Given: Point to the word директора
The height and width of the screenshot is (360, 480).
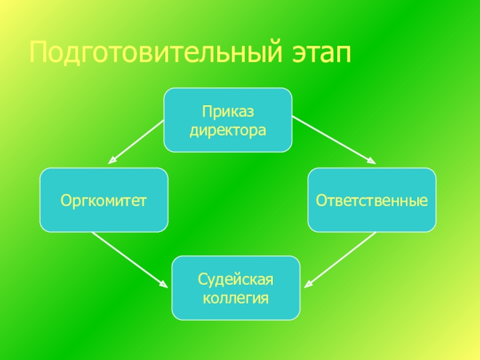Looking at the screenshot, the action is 228,129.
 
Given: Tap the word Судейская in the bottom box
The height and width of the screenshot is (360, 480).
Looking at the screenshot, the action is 236,280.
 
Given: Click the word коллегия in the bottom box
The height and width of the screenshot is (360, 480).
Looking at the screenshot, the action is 236,297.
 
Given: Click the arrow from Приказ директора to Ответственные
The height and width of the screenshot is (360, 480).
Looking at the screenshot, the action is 333,139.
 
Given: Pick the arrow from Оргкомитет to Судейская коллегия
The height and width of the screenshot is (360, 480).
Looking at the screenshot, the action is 129,259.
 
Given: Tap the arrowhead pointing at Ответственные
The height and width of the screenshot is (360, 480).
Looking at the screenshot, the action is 371,160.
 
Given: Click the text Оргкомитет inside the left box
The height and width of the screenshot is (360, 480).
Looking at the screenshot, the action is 104,200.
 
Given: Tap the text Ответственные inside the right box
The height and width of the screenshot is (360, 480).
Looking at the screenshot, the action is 372,200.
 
